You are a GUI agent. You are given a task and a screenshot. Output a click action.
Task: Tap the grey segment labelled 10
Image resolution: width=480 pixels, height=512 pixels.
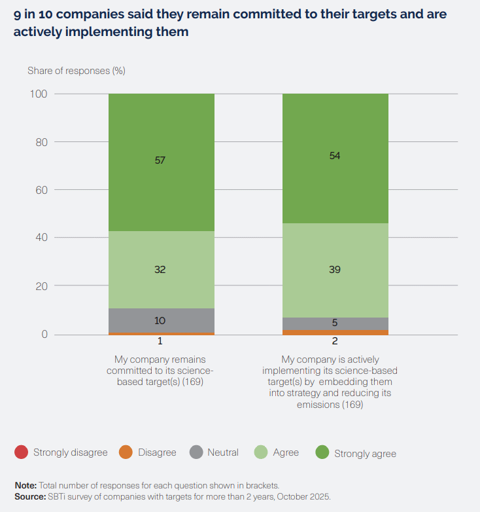(160, 320)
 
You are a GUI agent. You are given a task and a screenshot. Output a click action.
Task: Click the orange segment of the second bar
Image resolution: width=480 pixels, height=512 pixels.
(335, 332)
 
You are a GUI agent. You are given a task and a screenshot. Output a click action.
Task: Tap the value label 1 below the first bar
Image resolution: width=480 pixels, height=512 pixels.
(160, 341)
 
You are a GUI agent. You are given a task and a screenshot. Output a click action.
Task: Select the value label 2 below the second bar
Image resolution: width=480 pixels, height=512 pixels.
(335, 341)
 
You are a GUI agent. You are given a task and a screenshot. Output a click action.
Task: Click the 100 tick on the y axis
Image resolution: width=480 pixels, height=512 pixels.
(39, 94)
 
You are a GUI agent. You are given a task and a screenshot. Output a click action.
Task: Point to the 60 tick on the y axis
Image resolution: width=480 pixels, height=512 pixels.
(42, 191)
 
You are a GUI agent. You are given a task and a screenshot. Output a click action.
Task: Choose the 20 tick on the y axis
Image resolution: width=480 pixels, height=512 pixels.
(42, 286)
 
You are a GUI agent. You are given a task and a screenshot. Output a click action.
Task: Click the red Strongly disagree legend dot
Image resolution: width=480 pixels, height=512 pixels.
(22, 452)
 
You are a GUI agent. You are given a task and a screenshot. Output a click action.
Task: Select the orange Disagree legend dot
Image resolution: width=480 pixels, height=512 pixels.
(126, 452)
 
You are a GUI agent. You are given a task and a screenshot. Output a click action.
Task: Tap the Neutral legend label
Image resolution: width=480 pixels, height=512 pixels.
(223, 452)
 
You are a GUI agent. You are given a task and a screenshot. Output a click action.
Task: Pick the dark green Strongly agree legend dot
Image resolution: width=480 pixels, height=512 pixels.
(322, 452)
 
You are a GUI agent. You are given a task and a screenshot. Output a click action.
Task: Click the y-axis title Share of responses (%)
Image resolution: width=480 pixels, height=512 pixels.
(76, 70)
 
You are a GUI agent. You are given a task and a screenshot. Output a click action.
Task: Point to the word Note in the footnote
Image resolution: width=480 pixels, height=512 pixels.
(26, 485)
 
